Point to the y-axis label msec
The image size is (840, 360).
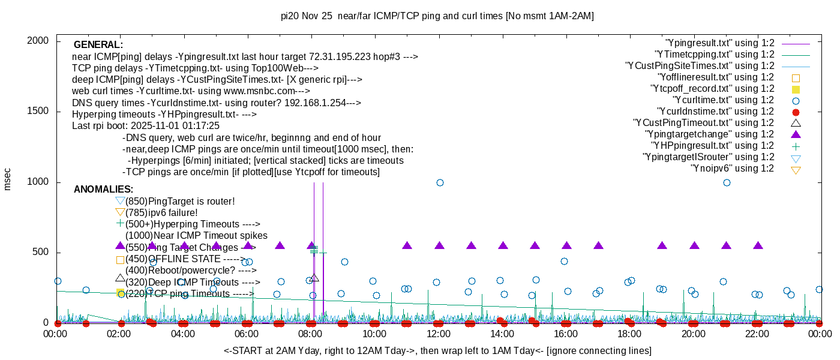[x=8, y=179]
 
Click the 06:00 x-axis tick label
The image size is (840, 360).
[x=247, y=334]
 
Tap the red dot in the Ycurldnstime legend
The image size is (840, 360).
[x=796, y=112]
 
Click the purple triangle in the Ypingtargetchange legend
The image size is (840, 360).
[x=796, y=134]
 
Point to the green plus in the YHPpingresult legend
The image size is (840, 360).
[x=796, y=146]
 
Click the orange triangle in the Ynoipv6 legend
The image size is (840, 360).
[x=796, y=170]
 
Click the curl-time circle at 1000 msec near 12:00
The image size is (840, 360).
[x=440, y=182]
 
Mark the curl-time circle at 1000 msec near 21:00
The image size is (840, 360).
[x=727, y=182]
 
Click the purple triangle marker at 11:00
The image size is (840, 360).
[x=407, y=245]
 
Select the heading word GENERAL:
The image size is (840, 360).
[x=98, y=45]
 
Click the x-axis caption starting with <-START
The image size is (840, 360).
[x=437, y=350]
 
